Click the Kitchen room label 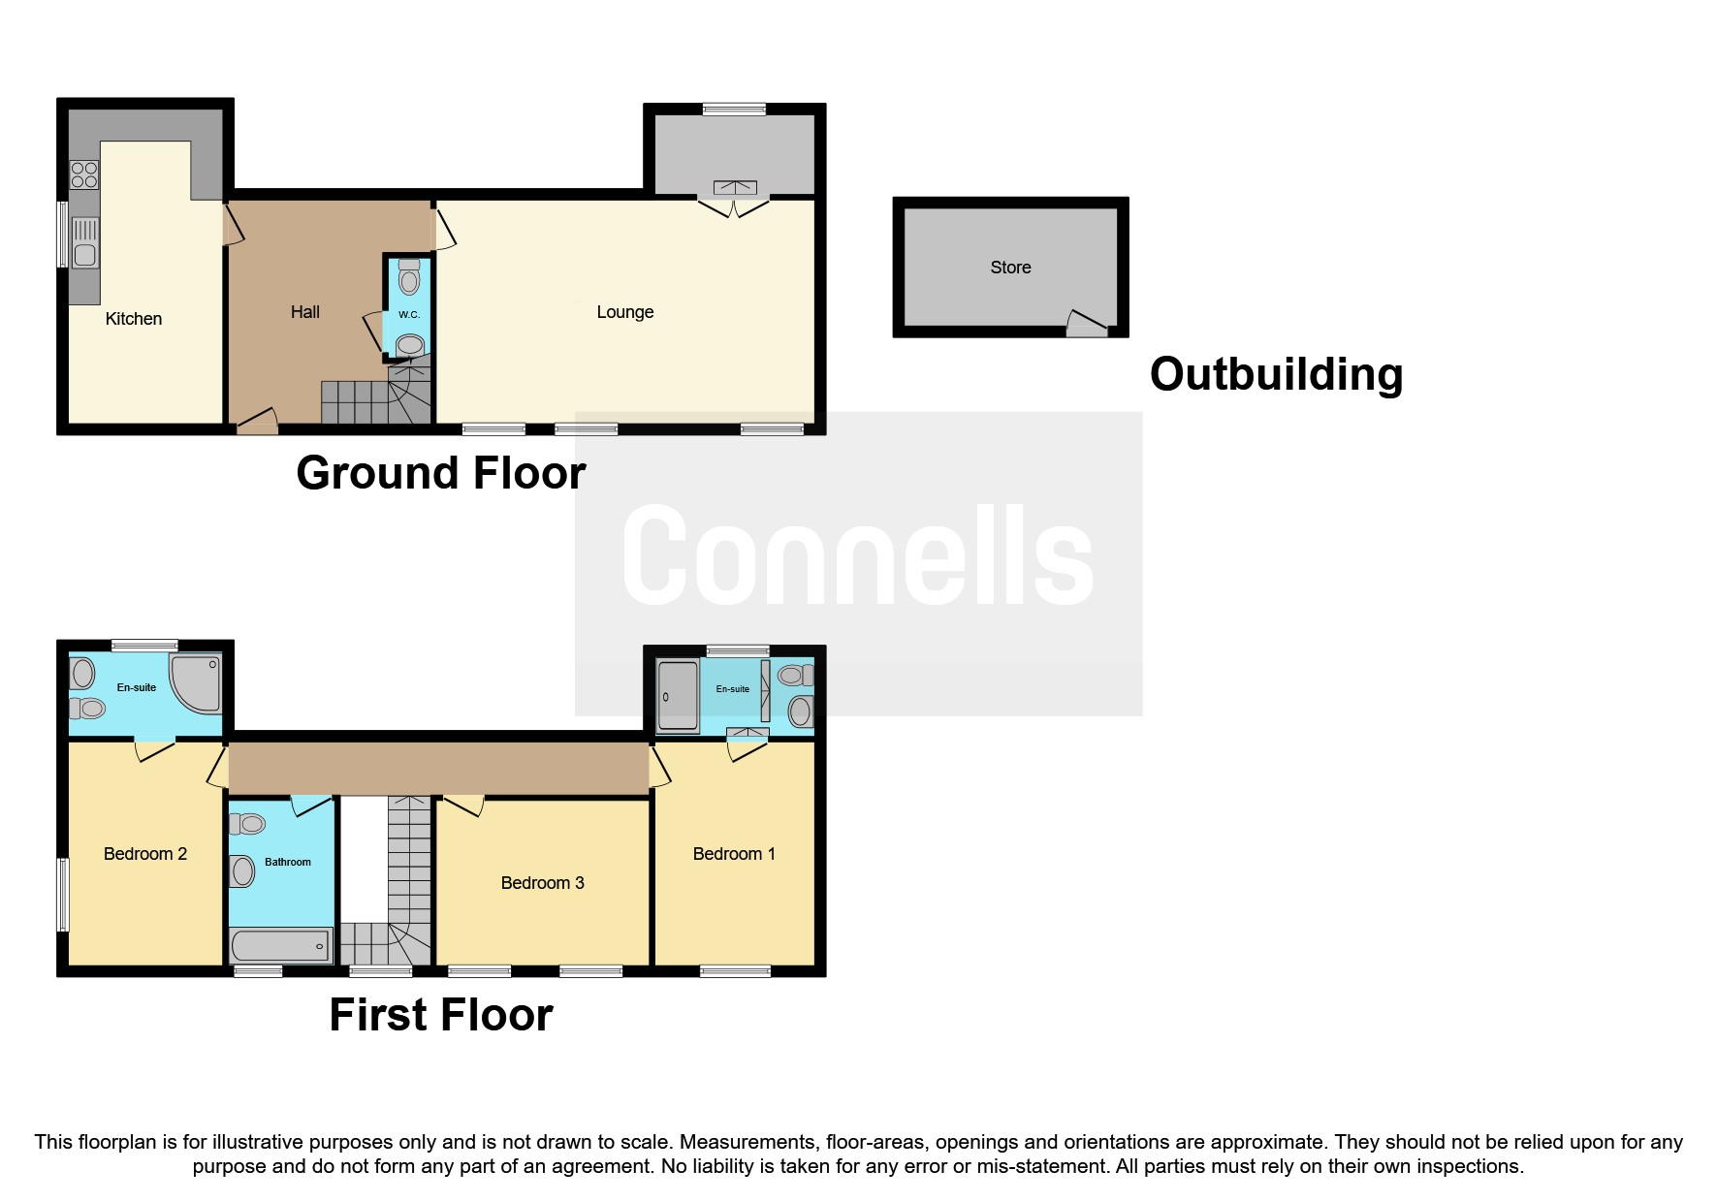[134, 319]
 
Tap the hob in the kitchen [84, 174]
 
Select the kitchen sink [85, 243]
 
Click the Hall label [304, 312]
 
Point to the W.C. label [409, 315]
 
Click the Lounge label [624, 312]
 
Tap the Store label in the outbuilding [1010, 268]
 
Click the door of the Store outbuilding [1087, 325]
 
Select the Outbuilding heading [1276, 374]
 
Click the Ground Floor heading [441, 473]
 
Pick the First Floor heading [441, 1015]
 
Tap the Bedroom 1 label [734, 854]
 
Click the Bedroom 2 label [145, 854]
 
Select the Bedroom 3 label [542, 883]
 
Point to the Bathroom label [288, 862]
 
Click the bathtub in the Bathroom [280, 944]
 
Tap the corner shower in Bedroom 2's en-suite [197, 682]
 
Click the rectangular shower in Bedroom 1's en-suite [678, 696]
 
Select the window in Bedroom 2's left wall [63, 894]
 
